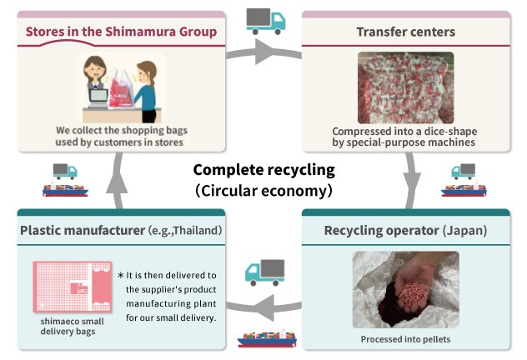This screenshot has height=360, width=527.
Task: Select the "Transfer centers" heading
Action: click(405, 32)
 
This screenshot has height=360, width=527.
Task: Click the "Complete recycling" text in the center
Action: click(263, 170)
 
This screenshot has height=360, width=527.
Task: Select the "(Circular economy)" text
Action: click(263, 190)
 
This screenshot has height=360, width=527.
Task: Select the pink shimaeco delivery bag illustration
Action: click(71, 287)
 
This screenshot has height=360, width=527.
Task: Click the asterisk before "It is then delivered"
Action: click(120, 275)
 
